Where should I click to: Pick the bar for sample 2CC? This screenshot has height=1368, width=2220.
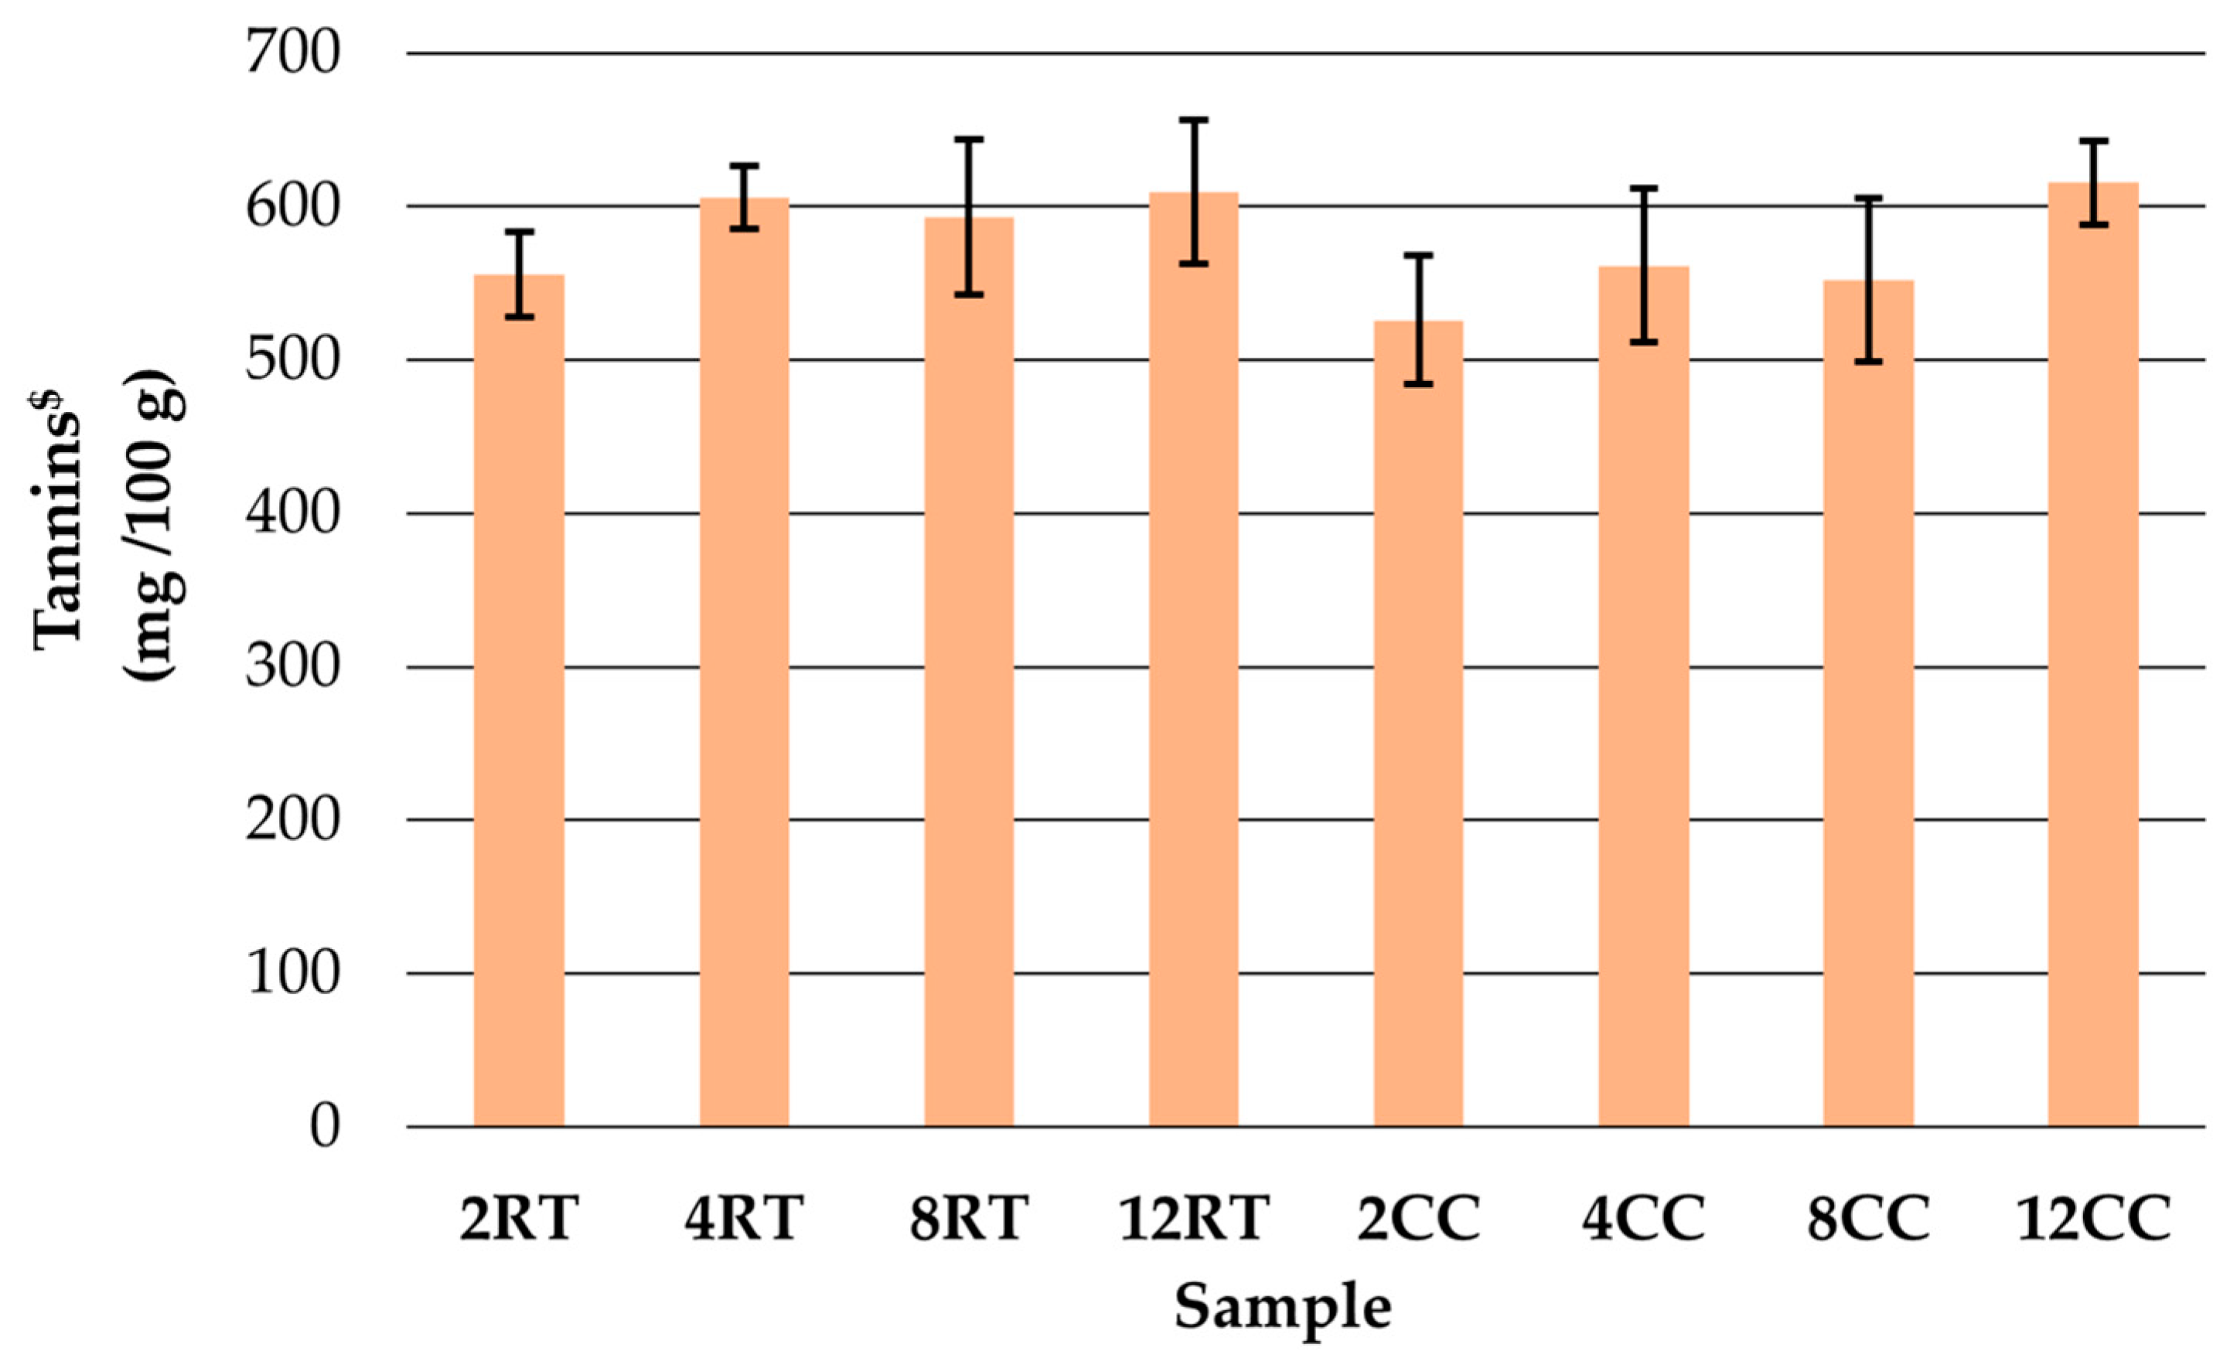pyautogui.click(x=1418, y=724)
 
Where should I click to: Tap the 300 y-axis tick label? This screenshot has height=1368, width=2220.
pyautogui.click(x=292, y=668)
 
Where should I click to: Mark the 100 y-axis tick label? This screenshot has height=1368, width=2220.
pyautogui.click(x=292, y=975)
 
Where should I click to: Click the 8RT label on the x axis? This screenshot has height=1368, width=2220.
pyautogui.click(x=968, y=1219)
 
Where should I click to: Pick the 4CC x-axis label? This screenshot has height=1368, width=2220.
pyautogui.click(x=1642, y=1219)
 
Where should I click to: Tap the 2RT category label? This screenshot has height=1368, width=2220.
pyautogui.click(x=519, y=1219)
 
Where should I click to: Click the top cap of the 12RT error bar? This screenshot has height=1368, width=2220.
pyautogui.click(x=1194, y=120)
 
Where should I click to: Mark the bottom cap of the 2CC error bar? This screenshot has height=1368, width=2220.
pyautogui.click(x=1418, y=385)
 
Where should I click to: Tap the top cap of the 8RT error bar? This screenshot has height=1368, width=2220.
pyautogui.click(x=968, y=139)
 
